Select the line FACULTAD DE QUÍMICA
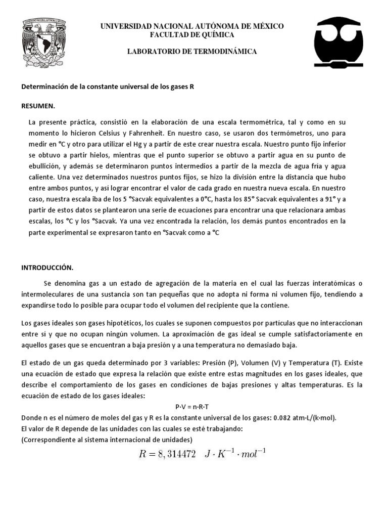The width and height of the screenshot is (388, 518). pyautogui.click(x=191, y=34)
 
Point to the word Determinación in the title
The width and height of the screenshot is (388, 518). pyautogui.click(x=45, y=87)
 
